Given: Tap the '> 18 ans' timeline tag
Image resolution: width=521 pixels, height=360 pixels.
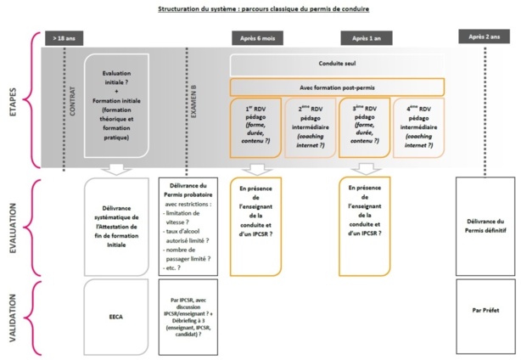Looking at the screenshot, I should coord(63,39).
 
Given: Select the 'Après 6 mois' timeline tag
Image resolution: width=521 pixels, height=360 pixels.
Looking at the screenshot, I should coord(256,39).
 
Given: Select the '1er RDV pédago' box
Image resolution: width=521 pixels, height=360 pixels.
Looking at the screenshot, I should coord(255,127).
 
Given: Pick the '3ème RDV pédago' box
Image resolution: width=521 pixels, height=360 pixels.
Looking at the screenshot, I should coord(365,127).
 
